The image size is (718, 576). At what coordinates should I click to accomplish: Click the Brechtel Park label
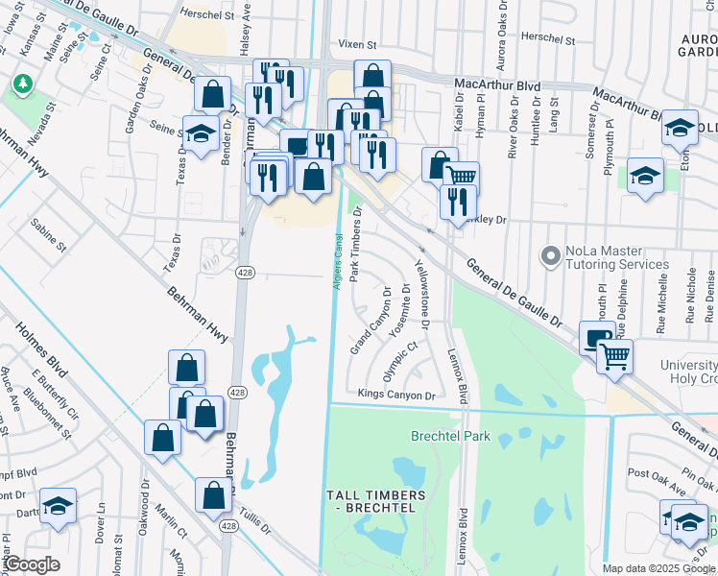tap(450, 436)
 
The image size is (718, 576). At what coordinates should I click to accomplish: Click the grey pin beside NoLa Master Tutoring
tap(550, 256)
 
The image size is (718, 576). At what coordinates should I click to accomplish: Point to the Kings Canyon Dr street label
tap(396, 395)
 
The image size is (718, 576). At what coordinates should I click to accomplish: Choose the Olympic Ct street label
tap(401, 362)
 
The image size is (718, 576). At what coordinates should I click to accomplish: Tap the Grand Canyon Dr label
tap(371, 320)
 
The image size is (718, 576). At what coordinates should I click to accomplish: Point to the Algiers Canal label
tap(338, 258)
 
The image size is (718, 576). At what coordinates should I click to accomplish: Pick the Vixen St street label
tap(359, 44)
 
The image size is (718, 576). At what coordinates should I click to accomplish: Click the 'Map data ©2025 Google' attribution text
tap(658, 568)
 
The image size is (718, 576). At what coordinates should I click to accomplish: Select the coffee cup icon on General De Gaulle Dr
tap(597, 337)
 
